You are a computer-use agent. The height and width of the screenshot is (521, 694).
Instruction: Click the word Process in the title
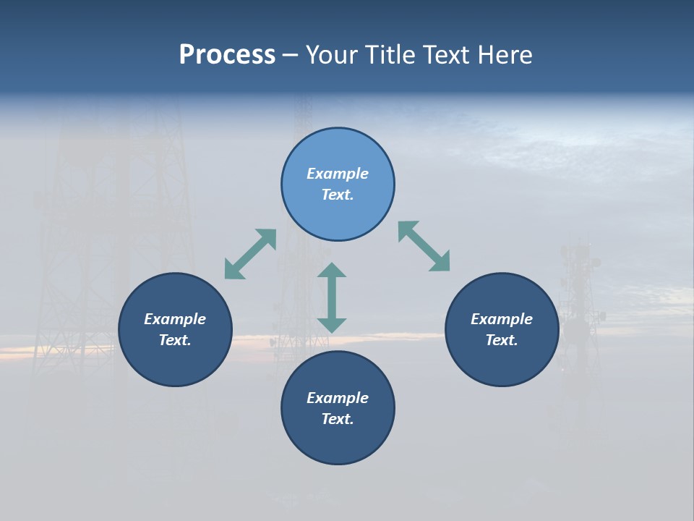(x=227, y=55)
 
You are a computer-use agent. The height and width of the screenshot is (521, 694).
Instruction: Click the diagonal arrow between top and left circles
(x=250, y=254)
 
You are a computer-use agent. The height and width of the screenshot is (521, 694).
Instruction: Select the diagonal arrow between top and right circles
(x=424, y=246)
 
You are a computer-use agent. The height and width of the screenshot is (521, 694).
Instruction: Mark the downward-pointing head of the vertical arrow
(x=332, y=324)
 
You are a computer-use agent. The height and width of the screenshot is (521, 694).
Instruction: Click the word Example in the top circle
(x=338, y=174)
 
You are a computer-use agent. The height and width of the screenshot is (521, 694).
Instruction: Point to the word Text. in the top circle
(x=338, y=195)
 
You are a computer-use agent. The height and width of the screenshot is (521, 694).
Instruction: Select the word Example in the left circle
(x=175, y=319)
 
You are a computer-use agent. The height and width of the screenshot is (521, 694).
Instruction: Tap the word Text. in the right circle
(x=502, y=340)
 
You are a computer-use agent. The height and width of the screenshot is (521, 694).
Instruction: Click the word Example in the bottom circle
(x=338, y=398)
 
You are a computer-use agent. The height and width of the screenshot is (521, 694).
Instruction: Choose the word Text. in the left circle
(x=175, y=340)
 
